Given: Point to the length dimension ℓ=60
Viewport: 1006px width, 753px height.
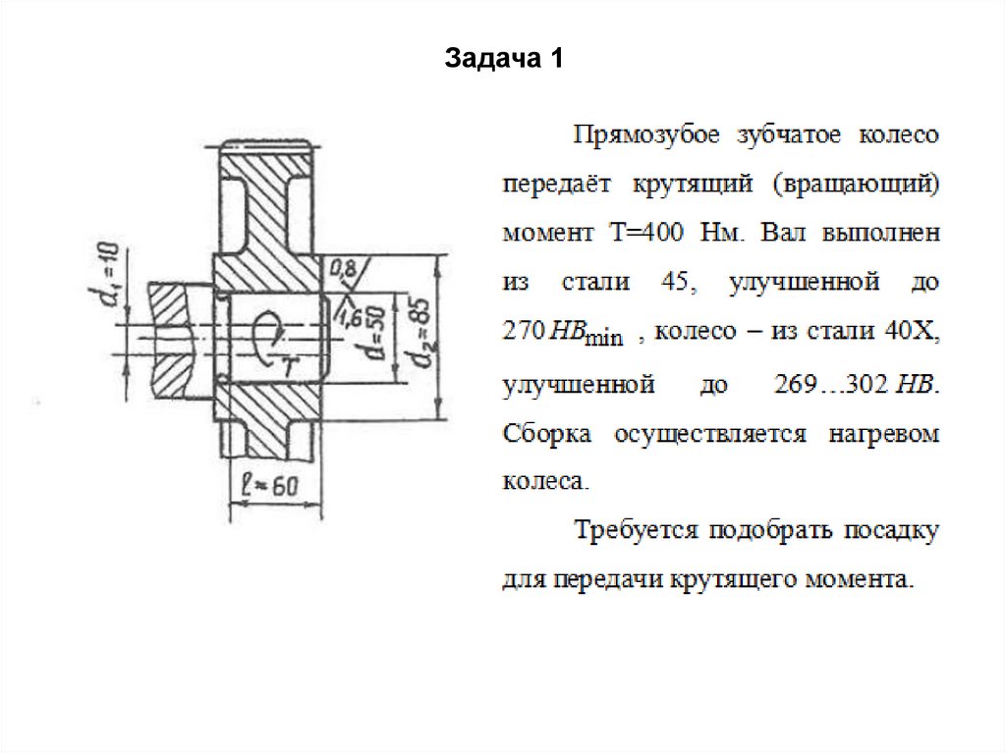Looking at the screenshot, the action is pyautogui.click(x=269, y=484).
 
